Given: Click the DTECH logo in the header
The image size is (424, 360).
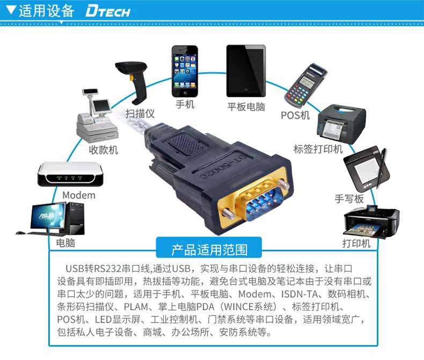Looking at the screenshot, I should [107, 11].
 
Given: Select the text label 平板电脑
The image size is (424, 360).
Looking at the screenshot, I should [246, 106].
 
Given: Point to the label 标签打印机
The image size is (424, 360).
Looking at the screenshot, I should [318, 149].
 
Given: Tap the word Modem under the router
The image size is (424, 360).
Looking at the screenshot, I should [79, 195].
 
